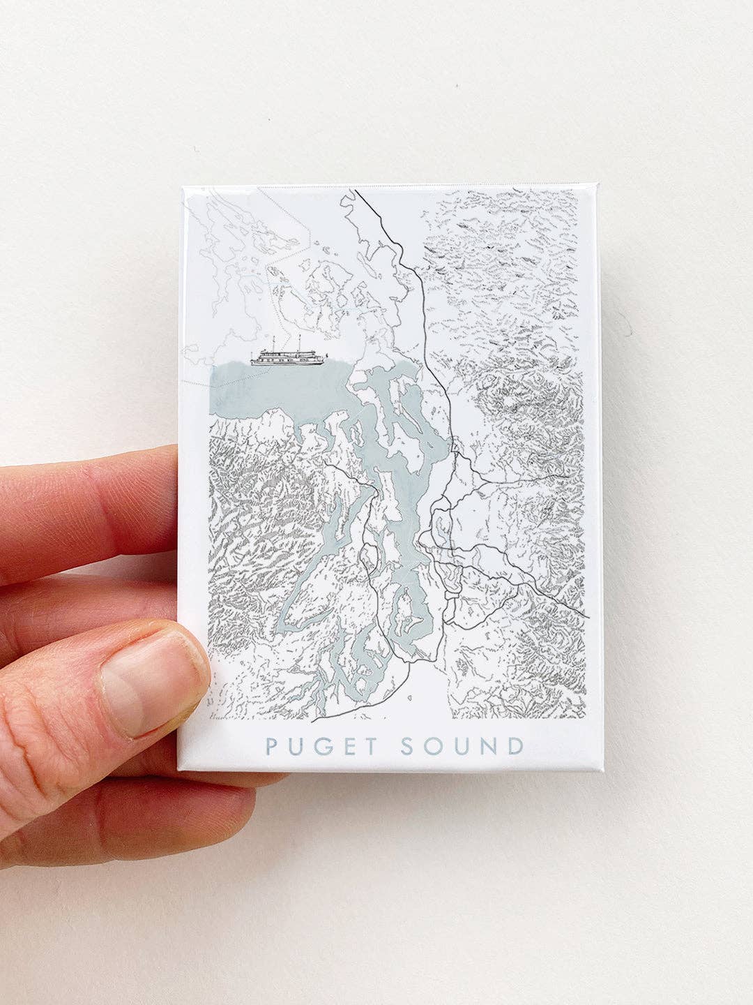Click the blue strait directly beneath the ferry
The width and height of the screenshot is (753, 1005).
(279, 391)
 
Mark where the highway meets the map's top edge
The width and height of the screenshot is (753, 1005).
(356, 190)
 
